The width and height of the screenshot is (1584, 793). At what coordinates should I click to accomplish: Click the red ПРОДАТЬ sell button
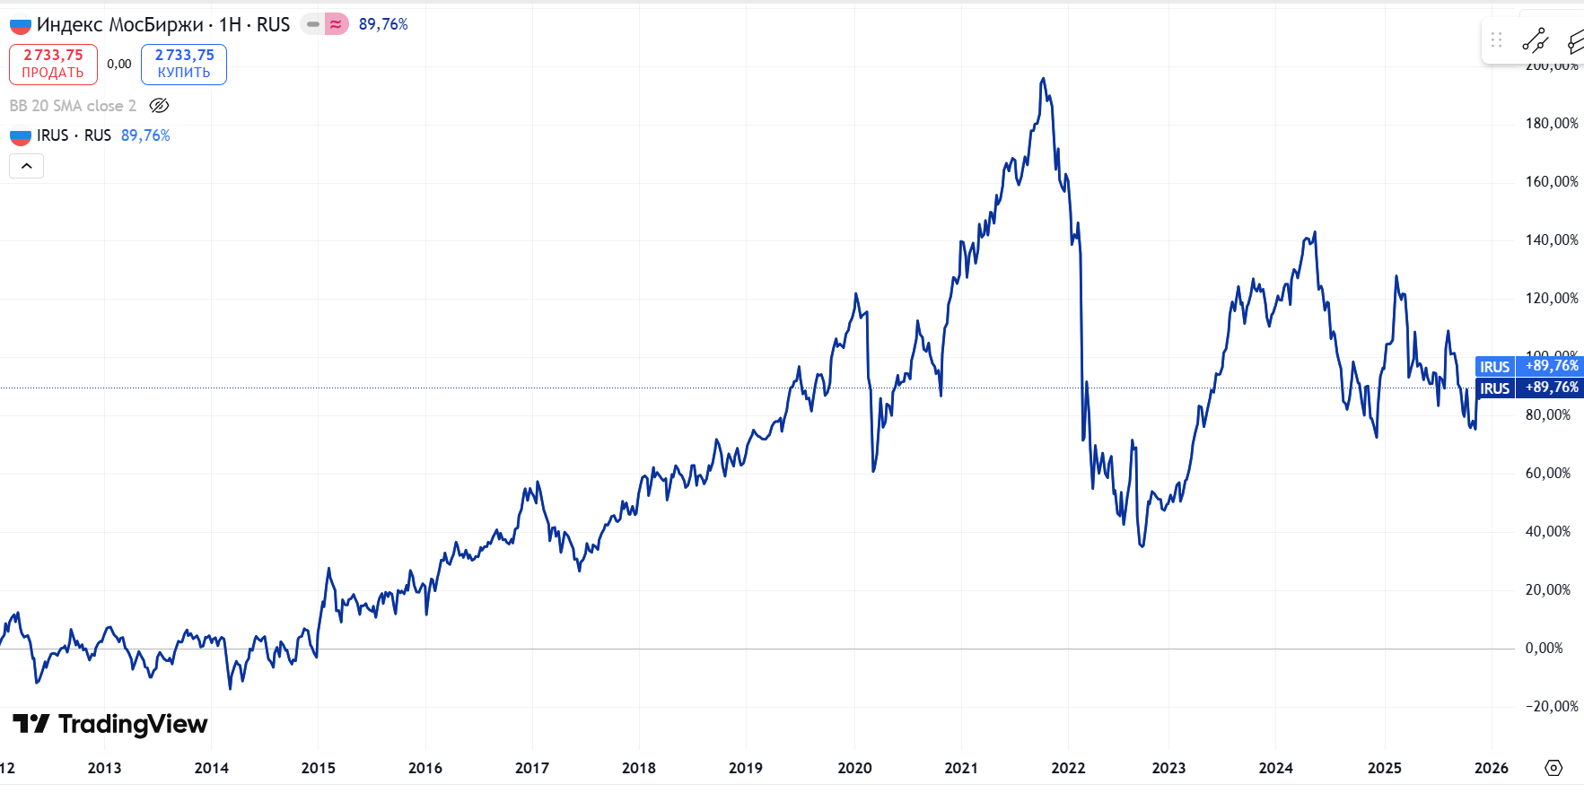tap(53, 65)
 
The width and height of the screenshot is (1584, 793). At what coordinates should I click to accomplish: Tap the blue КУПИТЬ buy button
tap(184, 65)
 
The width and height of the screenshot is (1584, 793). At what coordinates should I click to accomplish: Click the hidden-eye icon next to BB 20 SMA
tap(159, 106)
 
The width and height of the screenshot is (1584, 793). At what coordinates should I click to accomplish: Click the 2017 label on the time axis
tap(532, 768)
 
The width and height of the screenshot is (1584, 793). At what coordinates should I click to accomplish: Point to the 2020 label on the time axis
tap(854, 768)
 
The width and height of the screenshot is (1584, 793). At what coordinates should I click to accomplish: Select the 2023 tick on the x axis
tap(1168, 768)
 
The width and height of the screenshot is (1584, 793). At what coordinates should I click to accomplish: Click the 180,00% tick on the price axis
tap(1552, 123)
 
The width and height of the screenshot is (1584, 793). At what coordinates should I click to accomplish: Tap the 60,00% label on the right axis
tap(1548, 473)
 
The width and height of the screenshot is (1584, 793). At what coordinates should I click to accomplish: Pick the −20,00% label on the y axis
tap(1552, 706)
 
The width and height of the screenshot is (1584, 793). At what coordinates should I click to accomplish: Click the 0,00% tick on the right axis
tap(1544, 648)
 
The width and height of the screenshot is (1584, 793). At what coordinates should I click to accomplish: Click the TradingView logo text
tap(110, 724)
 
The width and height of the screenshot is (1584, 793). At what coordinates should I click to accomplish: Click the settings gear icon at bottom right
tap(1553, 768)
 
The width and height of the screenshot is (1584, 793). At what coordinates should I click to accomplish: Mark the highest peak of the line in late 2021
tap(1043, 79)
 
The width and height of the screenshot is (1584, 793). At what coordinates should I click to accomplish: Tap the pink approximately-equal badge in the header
tap(336, 24)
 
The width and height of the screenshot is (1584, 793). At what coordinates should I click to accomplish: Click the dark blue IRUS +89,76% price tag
tap(1529, 388)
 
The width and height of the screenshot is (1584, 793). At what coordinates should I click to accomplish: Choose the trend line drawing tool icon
tap(1535, 40)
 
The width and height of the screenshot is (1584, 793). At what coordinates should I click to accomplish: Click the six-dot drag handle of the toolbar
tap(1496, 40)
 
